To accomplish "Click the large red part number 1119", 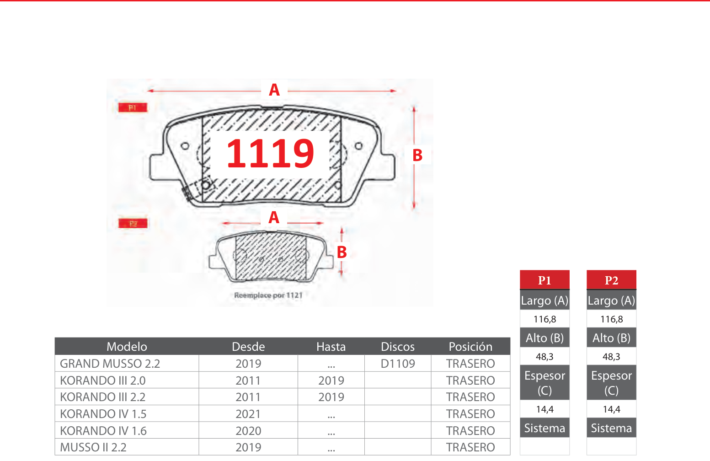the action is [x=270, y=154].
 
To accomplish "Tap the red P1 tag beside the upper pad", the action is [x=133, y=107].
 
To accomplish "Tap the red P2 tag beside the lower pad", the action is [x=133, y=224].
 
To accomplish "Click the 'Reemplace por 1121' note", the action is [x=268, y=295].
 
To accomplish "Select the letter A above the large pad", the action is [x=274, y=90].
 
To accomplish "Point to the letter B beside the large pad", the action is [x=417, y=155].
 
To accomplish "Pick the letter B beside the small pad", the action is [x=342, y=252].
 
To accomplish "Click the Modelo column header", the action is [x=127, y=347].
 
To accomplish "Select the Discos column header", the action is [x=398, y=347].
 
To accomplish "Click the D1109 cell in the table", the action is [x=398, y=364].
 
